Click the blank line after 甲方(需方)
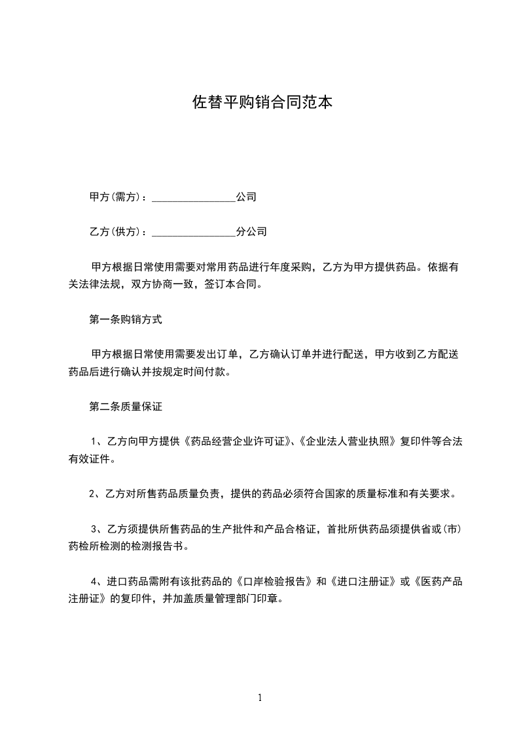(193, 197)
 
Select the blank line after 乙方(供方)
(193, 233)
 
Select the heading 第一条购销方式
(125, 320)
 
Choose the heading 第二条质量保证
(125, 407)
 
